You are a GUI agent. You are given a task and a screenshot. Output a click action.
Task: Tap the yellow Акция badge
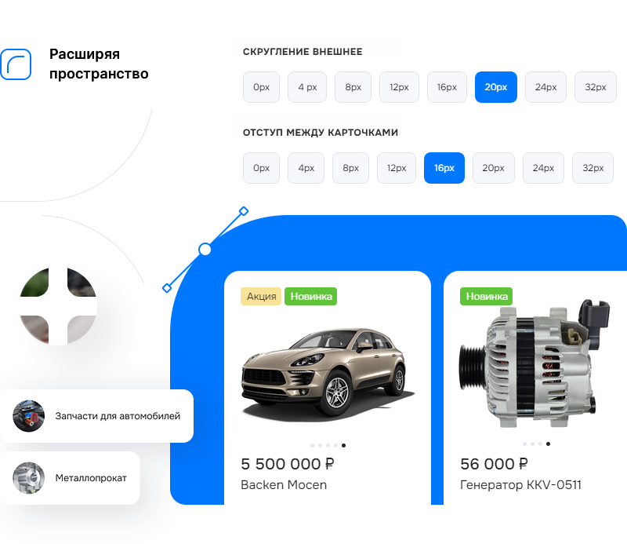click(x=261, y=296)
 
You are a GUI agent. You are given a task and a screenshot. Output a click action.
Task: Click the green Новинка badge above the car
click(x=310, y=296)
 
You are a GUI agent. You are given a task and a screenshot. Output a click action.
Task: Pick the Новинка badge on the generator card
click(x=486, y=296)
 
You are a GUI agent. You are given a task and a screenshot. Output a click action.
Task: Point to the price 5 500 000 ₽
click(x=288, y=464)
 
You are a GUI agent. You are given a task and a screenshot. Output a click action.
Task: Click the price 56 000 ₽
click(x=494, y=464)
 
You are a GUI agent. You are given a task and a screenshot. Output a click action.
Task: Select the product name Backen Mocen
click(x=284, y=484)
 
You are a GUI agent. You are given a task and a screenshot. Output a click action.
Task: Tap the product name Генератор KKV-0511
click(x=520, y=484)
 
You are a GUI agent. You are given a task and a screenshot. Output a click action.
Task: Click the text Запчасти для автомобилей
click(x=118, y=416)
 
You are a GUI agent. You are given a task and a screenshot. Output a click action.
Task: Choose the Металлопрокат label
click(x=91, y=477)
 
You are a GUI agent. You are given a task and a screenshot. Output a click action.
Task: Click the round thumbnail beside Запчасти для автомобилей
click(x=28, y=416)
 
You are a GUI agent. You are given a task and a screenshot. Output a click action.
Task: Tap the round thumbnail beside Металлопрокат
click(x=28, y=477)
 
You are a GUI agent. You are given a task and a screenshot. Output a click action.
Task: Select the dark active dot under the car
click(x=343, y=445)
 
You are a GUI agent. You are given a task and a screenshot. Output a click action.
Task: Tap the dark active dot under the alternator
click(x=548, y=444)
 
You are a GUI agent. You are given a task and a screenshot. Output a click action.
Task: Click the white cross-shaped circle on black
click(x=57, y=305)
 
